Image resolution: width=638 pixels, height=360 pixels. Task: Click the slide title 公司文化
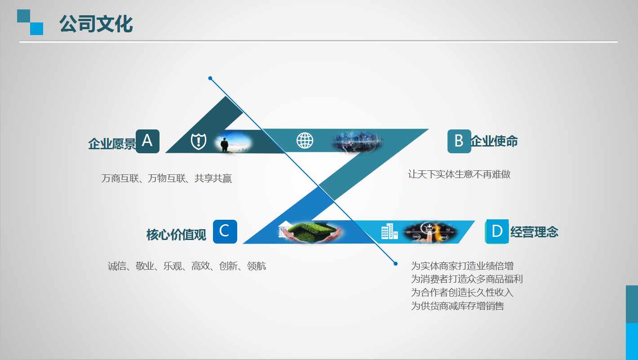96,24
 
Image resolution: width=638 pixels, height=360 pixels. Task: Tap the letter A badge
147,141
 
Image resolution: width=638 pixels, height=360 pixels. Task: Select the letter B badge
459,141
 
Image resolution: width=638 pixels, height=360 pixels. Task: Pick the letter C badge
225,231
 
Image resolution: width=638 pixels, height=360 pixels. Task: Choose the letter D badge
497,231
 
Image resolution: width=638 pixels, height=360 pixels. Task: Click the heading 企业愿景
112,144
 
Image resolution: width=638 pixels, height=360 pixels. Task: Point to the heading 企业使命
494,141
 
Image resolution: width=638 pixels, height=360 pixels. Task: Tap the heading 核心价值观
176,235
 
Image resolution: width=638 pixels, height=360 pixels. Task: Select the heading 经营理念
534,232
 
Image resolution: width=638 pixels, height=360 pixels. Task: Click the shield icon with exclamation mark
199,141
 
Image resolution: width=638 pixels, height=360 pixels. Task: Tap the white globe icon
305,140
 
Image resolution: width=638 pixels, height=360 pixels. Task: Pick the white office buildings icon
390,231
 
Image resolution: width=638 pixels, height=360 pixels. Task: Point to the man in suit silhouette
225,145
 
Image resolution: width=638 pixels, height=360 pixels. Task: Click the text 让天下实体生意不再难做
459,174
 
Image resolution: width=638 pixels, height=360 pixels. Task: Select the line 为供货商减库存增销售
457,306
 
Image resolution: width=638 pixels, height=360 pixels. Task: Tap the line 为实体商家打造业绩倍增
462,266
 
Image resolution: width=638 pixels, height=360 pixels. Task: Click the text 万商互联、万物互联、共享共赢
167,178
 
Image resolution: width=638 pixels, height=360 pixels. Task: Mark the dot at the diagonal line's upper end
210,78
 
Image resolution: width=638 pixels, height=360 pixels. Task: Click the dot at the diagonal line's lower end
396,264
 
